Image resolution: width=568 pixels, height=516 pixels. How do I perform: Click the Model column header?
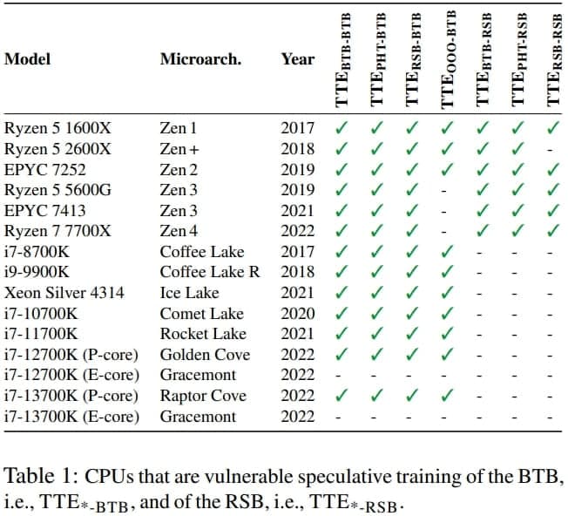click(28, 59)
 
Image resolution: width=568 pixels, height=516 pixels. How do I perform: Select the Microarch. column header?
click(200, 59)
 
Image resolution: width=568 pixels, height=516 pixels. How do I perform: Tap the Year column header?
click(298, 59)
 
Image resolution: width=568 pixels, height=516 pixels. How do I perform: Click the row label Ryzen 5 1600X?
click(57, 128)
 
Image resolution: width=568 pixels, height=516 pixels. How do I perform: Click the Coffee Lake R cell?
click(210, 272)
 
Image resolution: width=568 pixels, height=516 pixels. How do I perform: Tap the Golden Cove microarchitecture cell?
click(205, 355)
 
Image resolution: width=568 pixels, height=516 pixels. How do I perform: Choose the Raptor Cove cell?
click(203, 396)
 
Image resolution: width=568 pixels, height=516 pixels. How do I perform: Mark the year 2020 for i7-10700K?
click(298, 314)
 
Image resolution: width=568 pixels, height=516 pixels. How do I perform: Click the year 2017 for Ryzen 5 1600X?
click(298, 128)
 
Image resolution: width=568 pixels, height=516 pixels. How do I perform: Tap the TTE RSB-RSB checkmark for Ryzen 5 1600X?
click(551, 128)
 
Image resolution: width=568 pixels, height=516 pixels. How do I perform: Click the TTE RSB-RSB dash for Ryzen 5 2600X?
click(551, 149)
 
